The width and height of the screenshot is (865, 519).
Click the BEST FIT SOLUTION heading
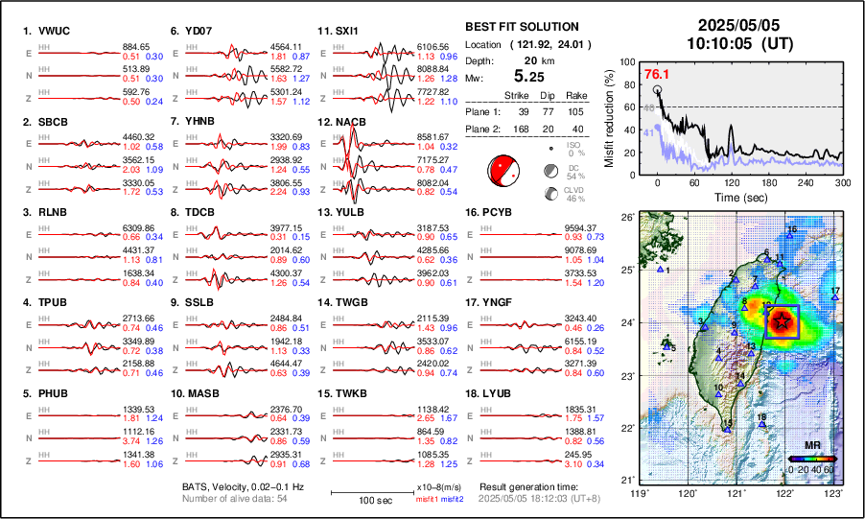(521, 27)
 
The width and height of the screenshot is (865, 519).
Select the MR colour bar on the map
(811, 459)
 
